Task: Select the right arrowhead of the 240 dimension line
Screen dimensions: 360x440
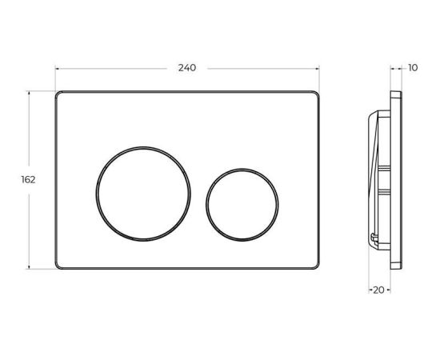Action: coord(320,68)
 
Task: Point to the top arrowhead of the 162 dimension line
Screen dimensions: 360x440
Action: coord(30,94)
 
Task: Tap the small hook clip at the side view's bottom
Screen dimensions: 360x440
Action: coord(376,238)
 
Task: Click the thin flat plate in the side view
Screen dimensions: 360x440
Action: coord(394,180)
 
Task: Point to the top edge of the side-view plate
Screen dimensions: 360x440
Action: coord(395,92)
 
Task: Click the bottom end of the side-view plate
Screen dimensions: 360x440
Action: coord(395,268)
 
